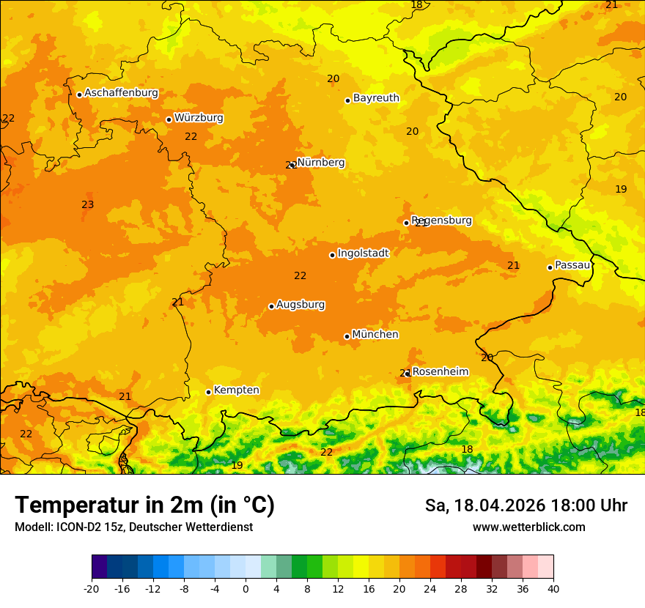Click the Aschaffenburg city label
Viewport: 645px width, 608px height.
(x=121, y=93)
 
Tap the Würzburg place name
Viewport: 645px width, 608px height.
(x=199, y=118)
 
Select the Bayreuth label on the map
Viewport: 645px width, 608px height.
(x=376, y=98)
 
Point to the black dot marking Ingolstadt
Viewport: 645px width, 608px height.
(x=332, y=255)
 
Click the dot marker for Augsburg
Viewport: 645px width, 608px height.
(x=271, y=306)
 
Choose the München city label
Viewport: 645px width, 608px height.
(x=375, y=335)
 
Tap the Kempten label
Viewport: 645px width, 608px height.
(x=236, y=390)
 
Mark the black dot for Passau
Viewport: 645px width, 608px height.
(x=550, y=267)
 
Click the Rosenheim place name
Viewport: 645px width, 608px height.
(x=440, y=372)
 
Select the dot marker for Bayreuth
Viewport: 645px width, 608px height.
(x=347, y=100)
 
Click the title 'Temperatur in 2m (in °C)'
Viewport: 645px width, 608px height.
(x=144, y=505)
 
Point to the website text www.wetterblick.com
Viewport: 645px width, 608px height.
(x=528, y=527)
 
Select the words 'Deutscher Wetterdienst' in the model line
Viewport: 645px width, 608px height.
(x=196, y=527)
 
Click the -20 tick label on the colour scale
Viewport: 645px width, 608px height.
(x=92, y=588)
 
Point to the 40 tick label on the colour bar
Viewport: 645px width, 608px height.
(x=553, y=588)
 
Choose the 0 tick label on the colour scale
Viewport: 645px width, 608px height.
(x=246, y=588)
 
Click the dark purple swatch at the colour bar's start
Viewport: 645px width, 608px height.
(x=99, y=567)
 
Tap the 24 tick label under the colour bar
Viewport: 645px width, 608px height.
(x=430, y=588)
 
